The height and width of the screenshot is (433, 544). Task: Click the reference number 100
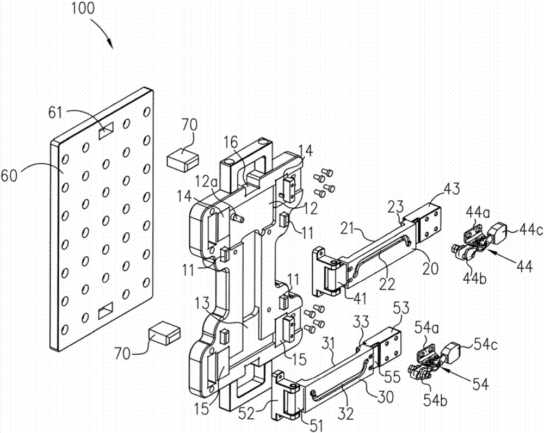tap(81, 9)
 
